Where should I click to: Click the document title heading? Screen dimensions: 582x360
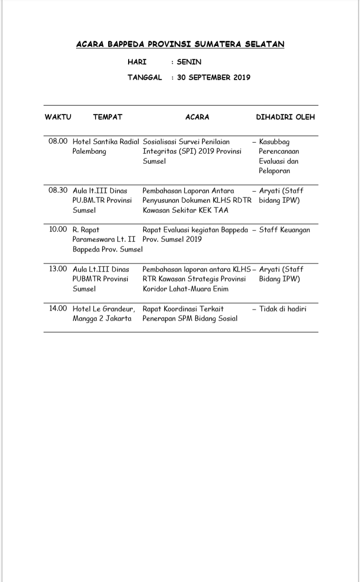(x=180, y=45)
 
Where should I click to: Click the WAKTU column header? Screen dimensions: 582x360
(x=58, y=117)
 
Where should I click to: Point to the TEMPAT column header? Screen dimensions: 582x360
(x=108, y=117)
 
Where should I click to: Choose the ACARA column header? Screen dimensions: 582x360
(x=197, y=117)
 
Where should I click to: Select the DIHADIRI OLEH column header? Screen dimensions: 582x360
(x=285, y=117)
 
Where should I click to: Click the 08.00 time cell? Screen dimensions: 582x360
(x=58, y=142)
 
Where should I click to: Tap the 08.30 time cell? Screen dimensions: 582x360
(x=58, y=191)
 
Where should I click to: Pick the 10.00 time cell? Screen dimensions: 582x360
(x=58, y=230)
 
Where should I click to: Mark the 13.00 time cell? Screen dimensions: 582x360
(x=58, y=269)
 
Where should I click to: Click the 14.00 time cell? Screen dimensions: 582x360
(x=58, y=309)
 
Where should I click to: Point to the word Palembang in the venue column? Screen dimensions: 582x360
(x=90, y=152)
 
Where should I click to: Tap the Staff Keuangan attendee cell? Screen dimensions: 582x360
(x=285, y=230)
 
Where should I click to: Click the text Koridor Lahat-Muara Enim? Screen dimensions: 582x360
(x=186, y=289)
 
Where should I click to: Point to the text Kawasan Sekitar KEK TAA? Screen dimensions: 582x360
(x=185, y=210)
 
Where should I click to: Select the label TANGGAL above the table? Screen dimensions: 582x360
(x=145, y=78)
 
